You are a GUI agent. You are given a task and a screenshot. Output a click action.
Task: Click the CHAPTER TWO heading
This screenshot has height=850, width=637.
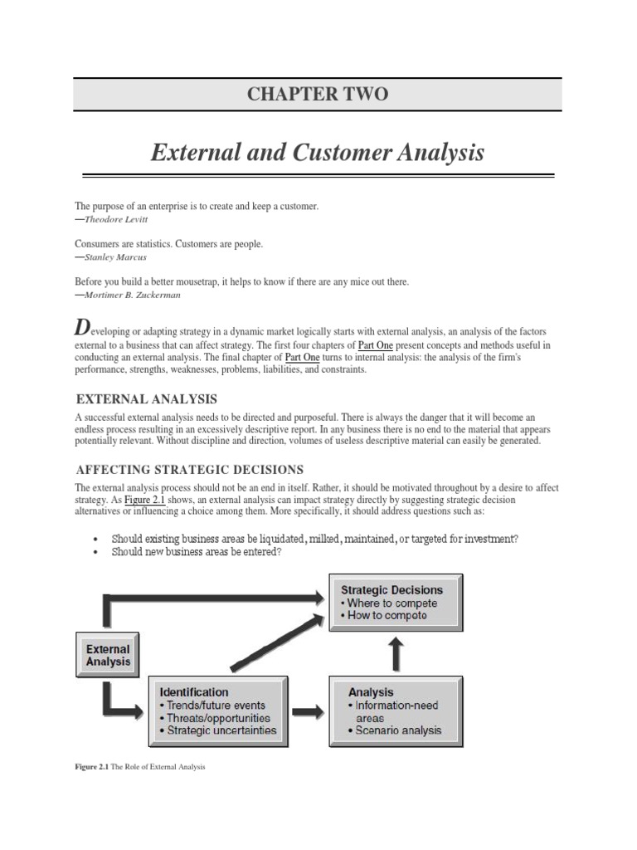(318, 94)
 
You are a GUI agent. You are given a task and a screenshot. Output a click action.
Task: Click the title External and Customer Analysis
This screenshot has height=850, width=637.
(318, 153)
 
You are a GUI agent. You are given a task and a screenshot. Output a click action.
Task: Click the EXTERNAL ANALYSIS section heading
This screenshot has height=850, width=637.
(146, 398)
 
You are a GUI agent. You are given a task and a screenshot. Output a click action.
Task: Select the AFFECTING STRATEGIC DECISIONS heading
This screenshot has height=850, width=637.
(190, 469)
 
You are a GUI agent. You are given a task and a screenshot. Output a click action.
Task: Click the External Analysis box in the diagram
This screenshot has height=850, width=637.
(108, 655)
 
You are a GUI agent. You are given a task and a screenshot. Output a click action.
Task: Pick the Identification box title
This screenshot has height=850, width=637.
(193, 691)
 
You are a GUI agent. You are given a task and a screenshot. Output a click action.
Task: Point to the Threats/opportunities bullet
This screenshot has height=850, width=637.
(218, 718)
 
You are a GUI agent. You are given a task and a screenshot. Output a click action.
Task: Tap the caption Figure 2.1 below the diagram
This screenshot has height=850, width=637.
(139, 767)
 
